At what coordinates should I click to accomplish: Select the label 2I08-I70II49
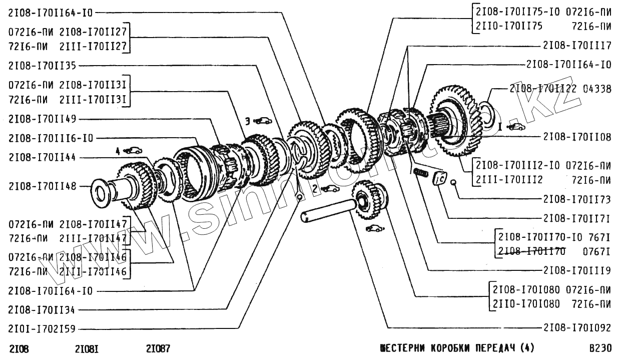point(43,119)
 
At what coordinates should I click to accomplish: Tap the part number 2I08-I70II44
point(43,157)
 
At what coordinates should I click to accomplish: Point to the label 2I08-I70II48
point(43,186)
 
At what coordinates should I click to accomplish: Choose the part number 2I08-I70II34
point(43,310)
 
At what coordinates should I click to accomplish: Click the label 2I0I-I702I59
point(43,329)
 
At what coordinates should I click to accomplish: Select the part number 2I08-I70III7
point(577,46)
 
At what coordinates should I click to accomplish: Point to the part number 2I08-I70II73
point(577,199)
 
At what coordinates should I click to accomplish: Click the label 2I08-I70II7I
point(577,219)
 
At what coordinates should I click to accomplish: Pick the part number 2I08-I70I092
point(577,328)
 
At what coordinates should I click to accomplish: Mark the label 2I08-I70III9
point(577,271)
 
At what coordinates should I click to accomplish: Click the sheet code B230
point(600,348)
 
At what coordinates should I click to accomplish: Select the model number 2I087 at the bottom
point(158,348)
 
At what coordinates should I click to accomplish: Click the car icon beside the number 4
point(133,150)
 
